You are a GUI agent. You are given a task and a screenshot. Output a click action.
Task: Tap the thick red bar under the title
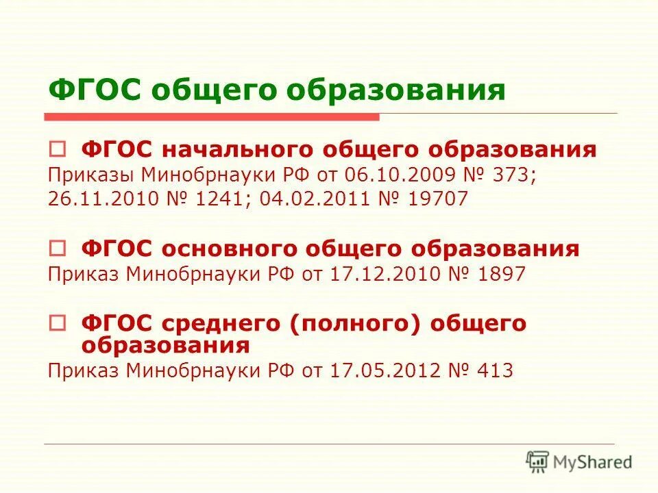coord(212,117)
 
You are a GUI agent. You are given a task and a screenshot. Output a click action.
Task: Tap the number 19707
coord(438,199)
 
